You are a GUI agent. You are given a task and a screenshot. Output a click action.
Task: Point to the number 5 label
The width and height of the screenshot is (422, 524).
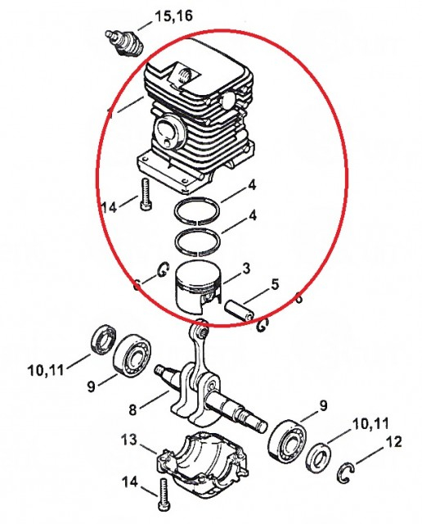click(275, 285)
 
